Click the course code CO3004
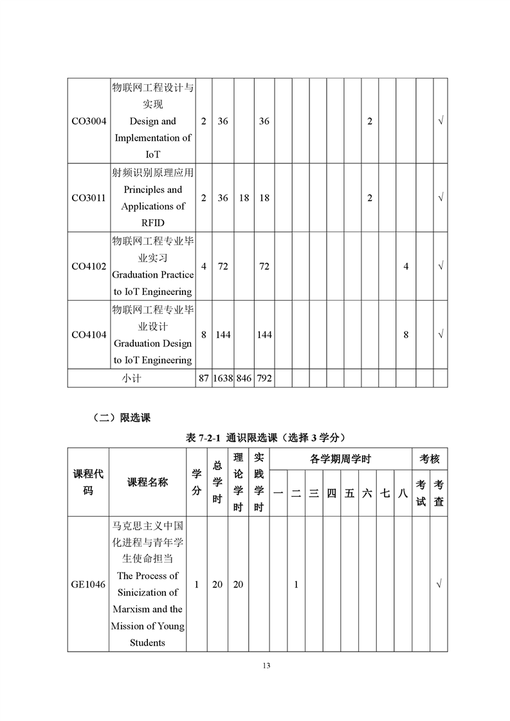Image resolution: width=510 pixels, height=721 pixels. (89, 121)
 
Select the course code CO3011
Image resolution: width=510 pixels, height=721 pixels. (89, 198)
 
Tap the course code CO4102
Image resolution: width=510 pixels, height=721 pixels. (89, 266)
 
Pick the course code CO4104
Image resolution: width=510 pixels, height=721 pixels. (89, 335)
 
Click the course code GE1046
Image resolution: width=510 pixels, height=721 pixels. (89, 584)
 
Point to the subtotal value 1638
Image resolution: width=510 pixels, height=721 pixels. (223, 378)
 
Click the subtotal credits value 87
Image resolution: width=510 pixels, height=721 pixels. (203, 378)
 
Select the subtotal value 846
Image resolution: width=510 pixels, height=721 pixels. (244, 378)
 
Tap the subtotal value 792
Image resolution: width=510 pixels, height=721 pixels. (264, 378)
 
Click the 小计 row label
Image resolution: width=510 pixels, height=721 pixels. (131, 378)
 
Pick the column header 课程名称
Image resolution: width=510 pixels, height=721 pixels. (147, 483)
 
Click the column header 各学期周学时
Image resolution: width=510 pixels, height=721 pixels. (340, 459)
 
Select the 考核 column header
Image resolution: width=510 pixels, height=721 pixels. (430, 459)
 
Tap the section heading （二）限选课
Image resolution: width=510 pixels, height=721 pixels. (122, 418)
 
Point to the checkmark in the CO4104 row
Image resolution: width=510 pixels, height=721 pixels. (441, 335)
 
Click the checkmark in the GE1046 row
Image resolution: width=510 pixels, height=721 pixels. (439, 584)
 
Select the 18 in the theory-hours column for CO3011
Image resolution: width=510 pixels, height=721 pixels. (244, 198)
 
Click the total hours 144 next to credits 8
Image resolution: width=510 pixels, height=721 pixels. (223, 335)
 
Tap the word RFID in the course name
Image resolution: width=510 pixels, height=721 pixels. (152, 223)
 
